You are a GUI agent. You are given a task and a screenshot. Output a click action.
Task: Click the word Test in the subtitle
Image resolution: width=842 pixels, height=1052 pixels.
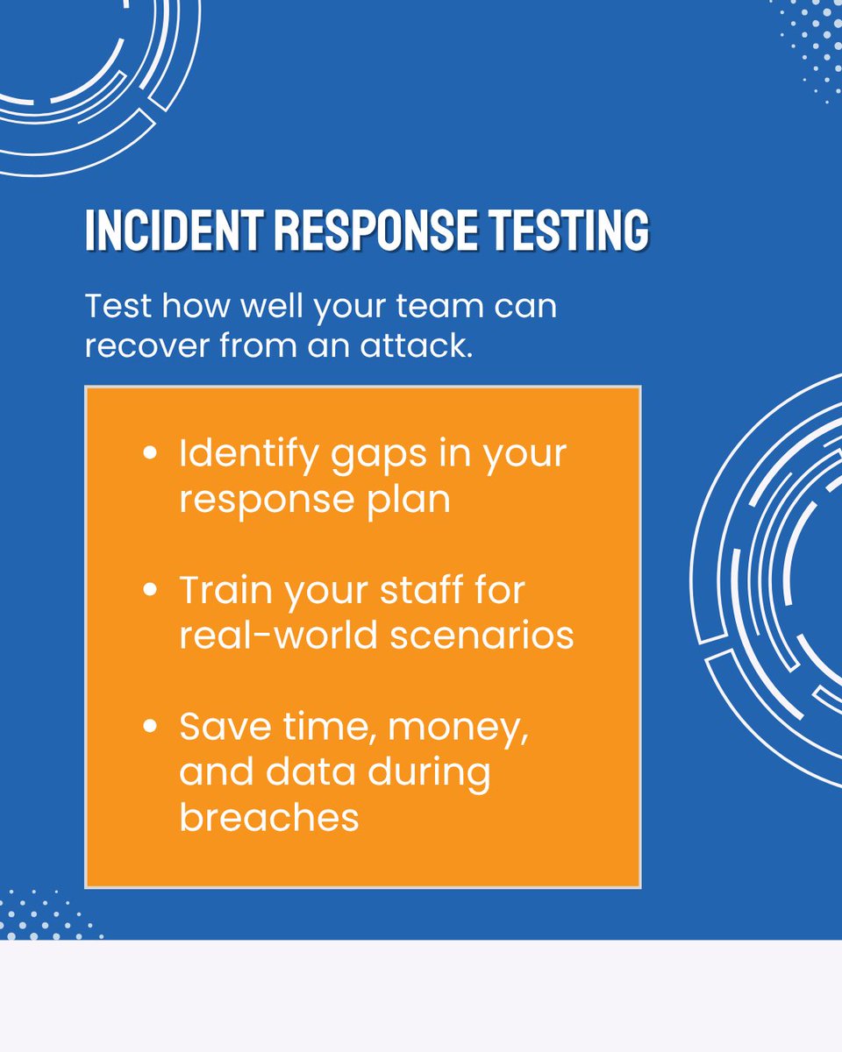pos(118,307)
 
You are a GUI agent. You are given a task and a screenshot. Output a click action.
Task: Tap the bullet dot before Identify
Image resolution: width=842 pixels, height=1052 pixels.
pos(150,456)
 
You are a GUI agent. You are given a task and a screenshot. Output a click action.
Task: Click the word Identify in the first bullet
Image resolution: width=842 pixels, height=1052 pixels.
pos(245,456)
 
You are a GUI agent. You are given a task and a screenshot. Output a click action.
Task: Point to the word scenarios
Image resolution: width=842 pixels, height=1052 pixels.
pos(482,635)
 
